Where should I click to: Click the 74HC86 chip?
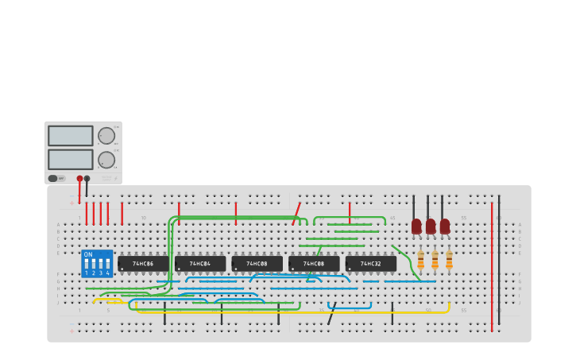pyautogui.click(x=143, y=263)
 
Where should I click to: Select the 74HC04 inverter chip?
pyautogui.click(x=200, y=263)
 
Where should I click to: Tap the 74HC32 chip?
pyautogui.click(x=370, y=263)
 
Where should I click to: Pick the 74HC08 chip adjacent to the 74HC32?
pyautogui.click(x=314, y=263)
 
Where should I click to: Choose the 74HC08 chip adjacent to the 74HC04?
pyautogui.click(x=257, y=263)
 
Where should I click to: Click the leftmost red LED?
pyautogui.click(x=416, y=226)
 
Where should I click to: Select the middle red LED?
pyautogui.click(x=431, y=226)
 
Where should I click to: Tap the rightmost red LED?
pyautogui.click(x=445, y=226)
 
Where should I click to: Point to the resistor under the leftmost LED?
pyautogui.click(x=421, y=259)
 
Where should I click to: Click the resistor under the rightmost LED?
pyautogui.click(x=449, y=259)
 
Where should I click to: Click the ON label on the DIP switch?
pyautogui.click(x=88, y=255)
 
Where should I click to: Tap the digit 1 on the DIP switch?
pyautogui.click(x=86, y=273)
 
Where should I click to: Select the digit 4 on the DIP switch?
pyautogui.click(x=107, y=273)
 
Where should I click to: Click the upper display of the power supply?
pyautogui.click(x=71, y=136)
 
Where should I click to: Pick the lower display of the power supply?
pyautogui.click(x=71, y=160)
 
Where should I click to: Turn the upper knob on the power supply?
pyautogui.click(x=106, y=136)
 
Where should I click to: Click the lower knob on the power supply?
pyautogui.click(x=106, y=160)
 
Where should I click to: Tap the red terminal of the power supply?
pyautogui.click(x=79, y=179)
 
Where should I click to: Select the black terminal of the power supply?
pyautogui.click(x=87, y=179)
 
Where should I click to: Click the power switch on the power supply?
pyautogui.click(x=53, y=179)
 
